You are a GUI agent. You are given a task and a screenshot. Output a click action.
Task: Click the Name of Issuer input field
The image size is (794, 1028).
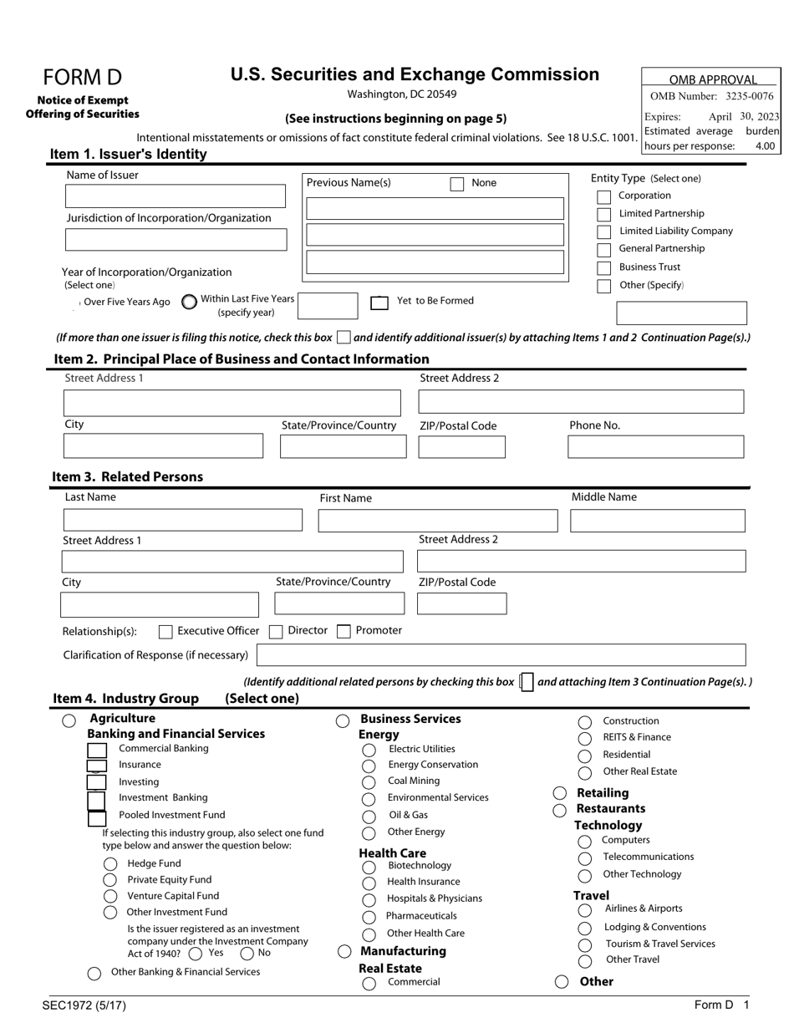[x=175, y=196]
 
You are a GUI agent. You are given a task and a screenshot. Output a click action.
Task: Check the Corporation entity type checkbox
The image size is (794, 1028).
[x=604, y=197]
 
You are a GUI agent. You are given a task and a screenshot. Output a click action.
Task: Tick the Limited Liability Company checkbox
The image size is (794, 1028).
[x=604, y=232]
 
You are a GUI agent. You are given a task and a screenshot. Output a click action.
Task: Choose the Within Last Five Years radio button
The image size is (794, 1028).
[x=189, y=303]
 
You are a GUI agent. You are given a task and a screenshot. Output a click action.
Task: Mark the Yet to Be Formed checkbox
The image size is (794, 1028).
[x=379, y=303]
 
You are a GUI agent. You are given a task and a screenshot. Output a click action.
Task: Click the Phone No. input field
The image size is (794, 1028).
[x=655, y=447]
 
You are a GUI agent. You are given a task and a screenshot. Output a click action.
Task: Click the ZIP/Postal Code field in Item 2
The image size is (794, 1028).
[x=461, y=447]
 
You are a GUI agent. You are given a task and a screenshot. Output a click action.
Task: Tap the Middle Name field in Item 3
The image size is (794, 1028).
[x=657, y=522]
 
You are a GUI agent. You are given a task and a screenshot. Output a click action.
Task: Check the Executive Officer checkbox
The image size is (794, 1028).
[x=165, y=632]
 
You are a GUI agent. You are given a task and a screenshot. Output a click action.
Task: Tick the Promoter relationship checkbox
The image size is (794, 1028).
[x=343, y=632]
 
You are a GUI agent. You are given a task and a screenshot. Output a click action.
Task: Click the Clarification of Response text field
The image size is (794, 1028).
[x=501, y=654]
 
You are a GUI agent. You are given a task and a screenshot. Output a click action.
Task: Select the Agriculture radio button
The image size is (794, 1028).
[x=69, y=720]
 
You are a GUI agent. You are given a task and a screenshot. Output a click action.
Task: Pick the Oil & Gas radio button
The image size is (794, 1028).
[x=369, y=817]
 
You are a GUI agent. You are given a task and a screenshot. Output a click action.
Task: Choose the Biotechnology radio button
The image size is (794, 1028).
[x=369, y=868]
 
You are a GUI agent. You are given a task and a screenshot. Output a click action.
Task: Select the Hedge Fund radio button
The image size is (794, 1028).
[x=109, y=864]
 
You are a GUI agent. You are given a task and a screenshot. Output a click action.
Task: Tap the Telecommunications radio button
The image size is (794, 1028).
[x=584, y=858]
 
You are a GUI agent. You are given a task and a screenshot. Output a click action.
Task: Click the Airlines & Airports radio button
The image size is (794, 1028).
[x=584, y=910]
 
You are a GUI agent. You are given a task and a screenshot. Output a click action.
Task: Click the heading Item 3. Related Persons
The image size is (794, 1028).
[x=128, y=477]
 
